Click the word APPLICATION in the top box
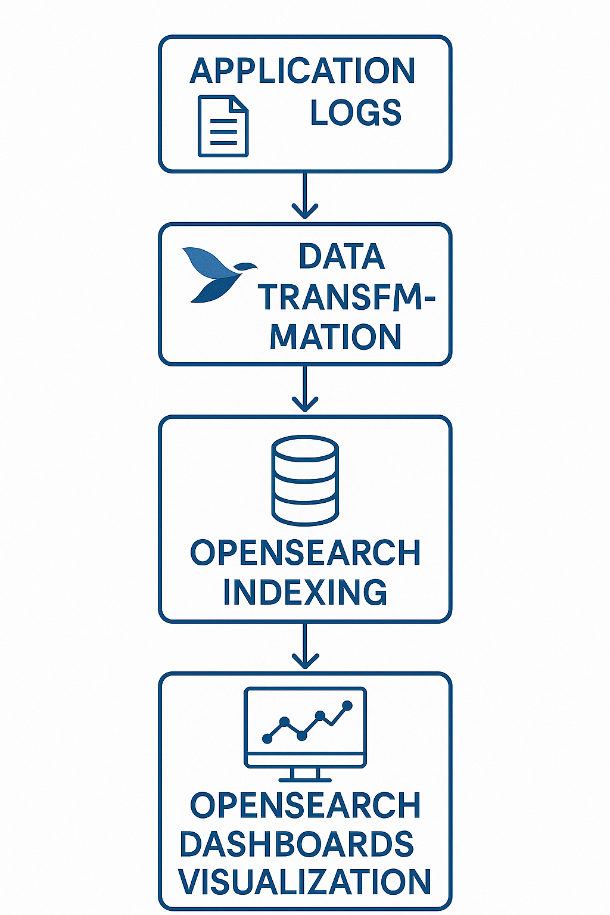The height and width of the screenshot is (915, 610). (x=302, y=71)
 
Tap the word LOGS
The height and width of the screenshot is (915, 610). (x=356, y=113)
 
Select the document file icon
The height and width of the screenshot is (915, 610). (x=222, y=126)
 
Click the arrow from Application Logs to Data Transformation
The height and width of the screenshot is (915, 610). (x=304, y=197)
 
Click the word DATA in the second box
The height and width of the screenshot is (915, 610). (x=341, y=257)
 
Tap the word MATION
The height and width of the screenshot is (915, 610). (x=335, y=337)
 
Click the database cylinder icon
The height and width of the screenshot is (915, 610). (x=305, y=480)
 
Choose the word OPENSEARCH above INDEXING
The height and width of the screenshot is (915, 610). (x=305, y=553)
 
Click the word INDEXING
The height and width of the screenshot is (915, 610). (x=305, y=592)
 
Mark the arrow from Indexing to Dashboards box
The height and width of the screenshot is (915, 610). (x=304, y=647)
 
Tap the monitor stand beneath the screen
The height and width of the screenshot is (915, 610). (x=305, y=774)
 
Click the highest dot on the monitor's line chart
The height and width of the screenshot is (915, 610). (x=347, y=706)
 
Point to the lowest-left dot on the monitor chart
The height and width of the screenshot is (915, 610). (x=267, y=739)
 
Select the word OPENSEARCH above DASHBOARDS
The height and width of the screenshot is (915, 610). (x=305, y=805)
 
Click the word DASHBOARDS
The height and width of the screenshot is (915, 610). (x=297, y=845)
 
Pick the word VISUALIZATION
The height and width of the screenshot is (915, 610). (x=305, y=882)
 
